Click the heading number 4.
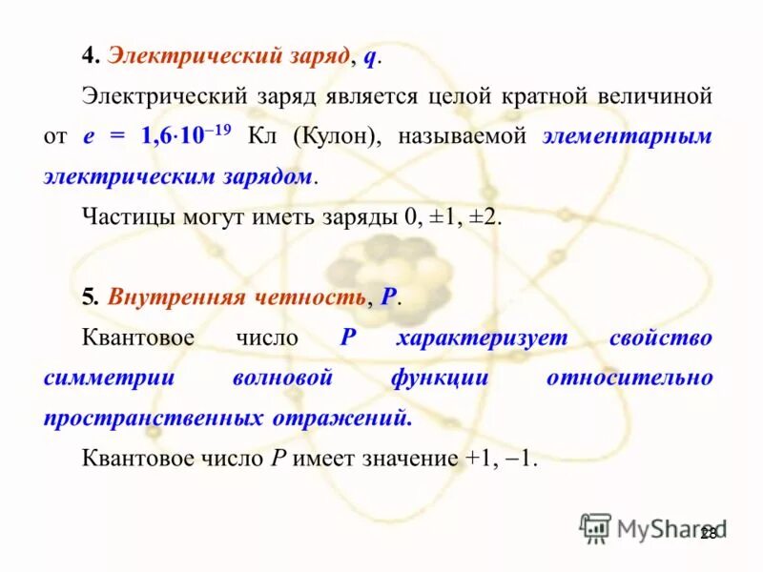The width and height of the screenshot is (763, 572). click(x=88, y=57)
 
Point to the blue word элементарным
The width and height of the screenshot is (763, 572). click(x=627, y=136)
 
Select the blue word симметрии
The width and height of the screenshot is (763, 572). click(x=109, y=378)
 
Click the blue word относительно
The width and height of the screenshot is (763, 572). click(x=629, y=378)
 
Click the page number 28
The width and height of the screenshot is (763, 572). click(x=708, y=534)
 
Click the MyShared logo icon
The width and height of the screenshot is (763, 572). click(x=595, y=527)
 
